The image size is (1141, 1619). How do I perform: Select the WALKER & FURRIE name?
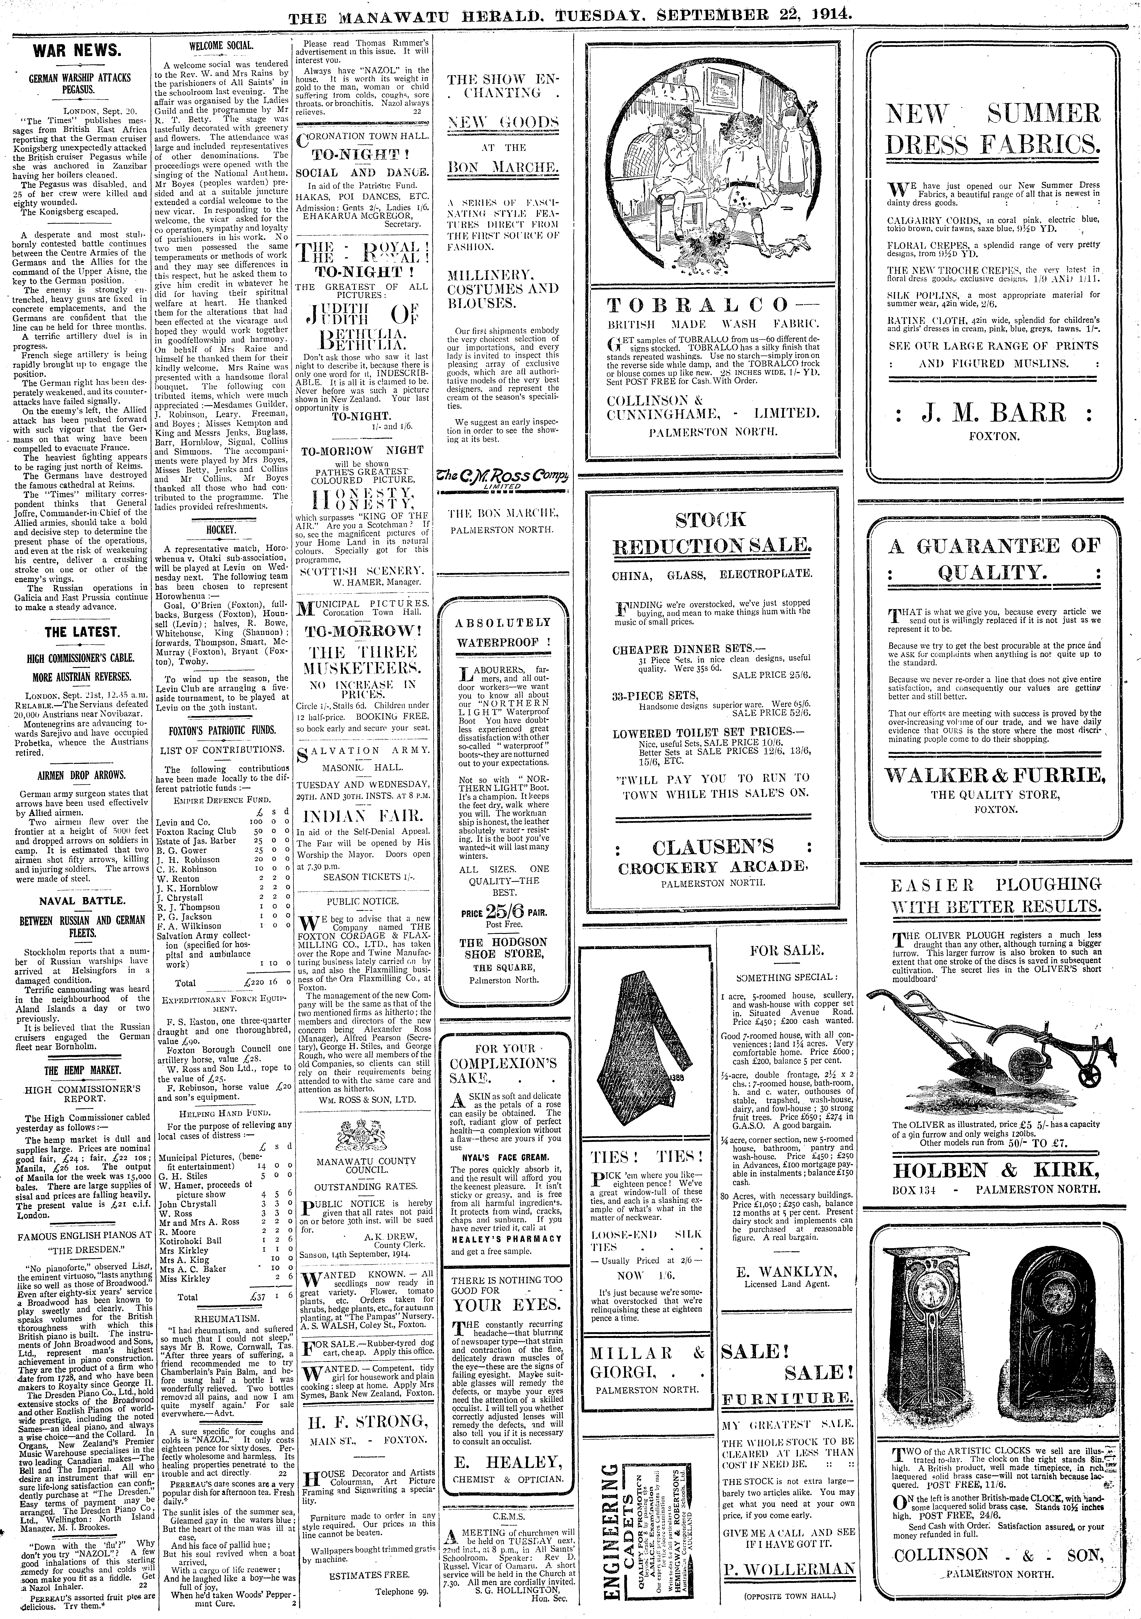(994, 775)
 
